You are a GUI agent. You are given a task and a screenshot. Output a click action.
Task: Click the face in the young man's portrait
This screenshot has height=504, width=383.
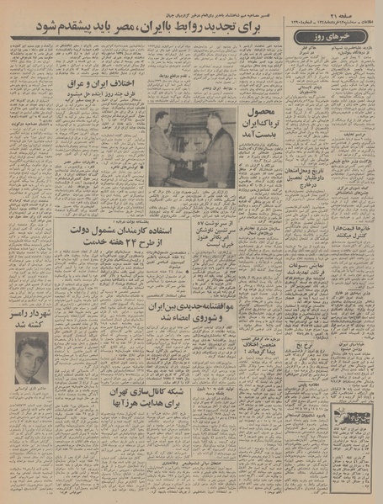[30, 351]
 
